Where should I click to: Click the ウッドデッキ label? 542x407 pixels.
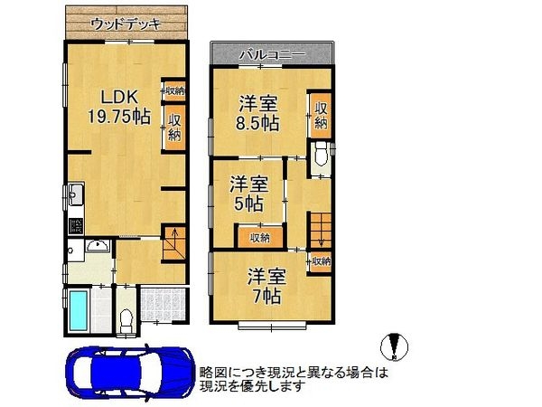pos(126,24)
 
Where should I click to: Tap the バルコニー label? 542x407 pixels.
pos(271,55)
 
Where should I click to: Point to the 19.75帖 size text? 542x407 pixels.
pos(118,115)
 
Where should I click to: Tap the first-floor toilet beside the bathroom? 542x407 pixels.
pos(127,317)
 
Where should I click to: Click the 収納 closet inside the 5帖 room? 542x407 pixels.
pos(259,238)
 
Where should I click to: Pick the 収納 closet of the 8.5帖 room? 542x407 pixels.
pos(321,115)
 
